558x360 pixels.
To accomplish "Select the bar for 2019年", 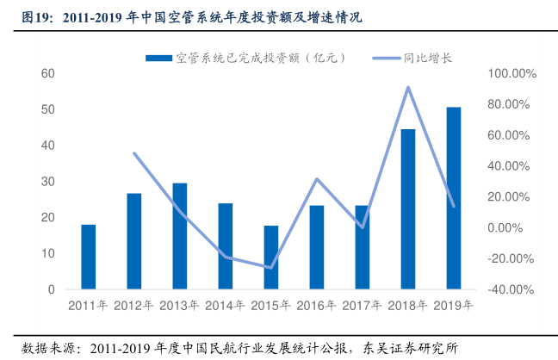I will click(x=453, y=198).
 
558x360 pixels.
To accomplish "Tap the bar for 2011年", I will click(x=88, y=257).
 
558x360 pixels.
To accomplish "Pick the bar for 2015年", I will click(x=271, y=258).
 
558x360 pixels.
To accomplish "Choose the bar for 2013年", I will click(x=179, y=236).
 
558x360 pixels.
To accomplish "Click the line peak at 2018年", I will click(x=407, y=87).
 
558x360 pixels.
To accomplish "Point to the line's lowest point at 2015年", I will click(x=271, y=268).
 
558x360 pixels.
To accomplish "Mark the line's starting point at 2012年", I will click(x=133, y=153).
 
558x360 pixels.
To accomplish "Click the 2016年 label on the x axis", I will click(x=317, y=305).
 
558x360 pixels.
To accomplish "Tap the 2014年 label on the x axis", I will click(x=225, y=305).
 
